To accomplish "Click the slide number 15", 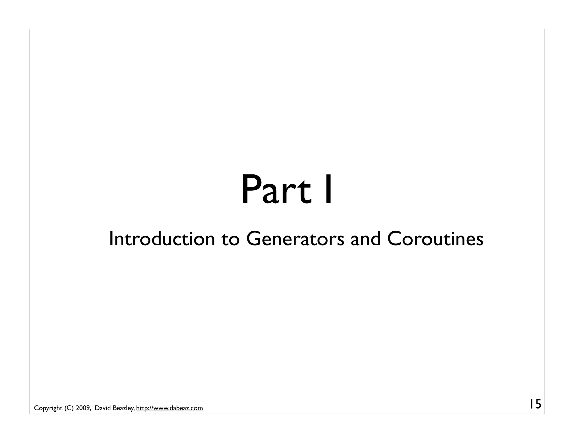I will [535, 404].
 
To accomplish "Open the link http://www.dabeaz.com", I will [169, 408].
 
